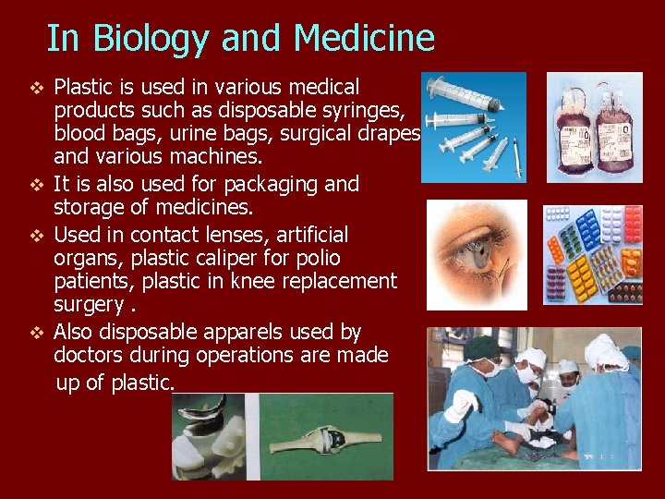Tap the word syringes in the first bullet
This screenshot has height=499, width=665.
367,111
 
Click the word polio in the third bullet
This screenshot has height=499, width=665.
317,258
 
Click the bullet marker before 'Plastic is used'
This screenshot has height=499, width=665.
36,89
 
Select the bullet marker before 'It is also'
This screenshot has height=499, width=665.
36,185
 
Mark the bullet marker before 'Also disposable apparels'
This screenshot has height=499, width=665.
36,333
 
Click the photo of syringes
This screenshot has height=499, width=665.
473,128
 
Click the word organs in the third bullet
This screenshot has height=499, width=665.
86,258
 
